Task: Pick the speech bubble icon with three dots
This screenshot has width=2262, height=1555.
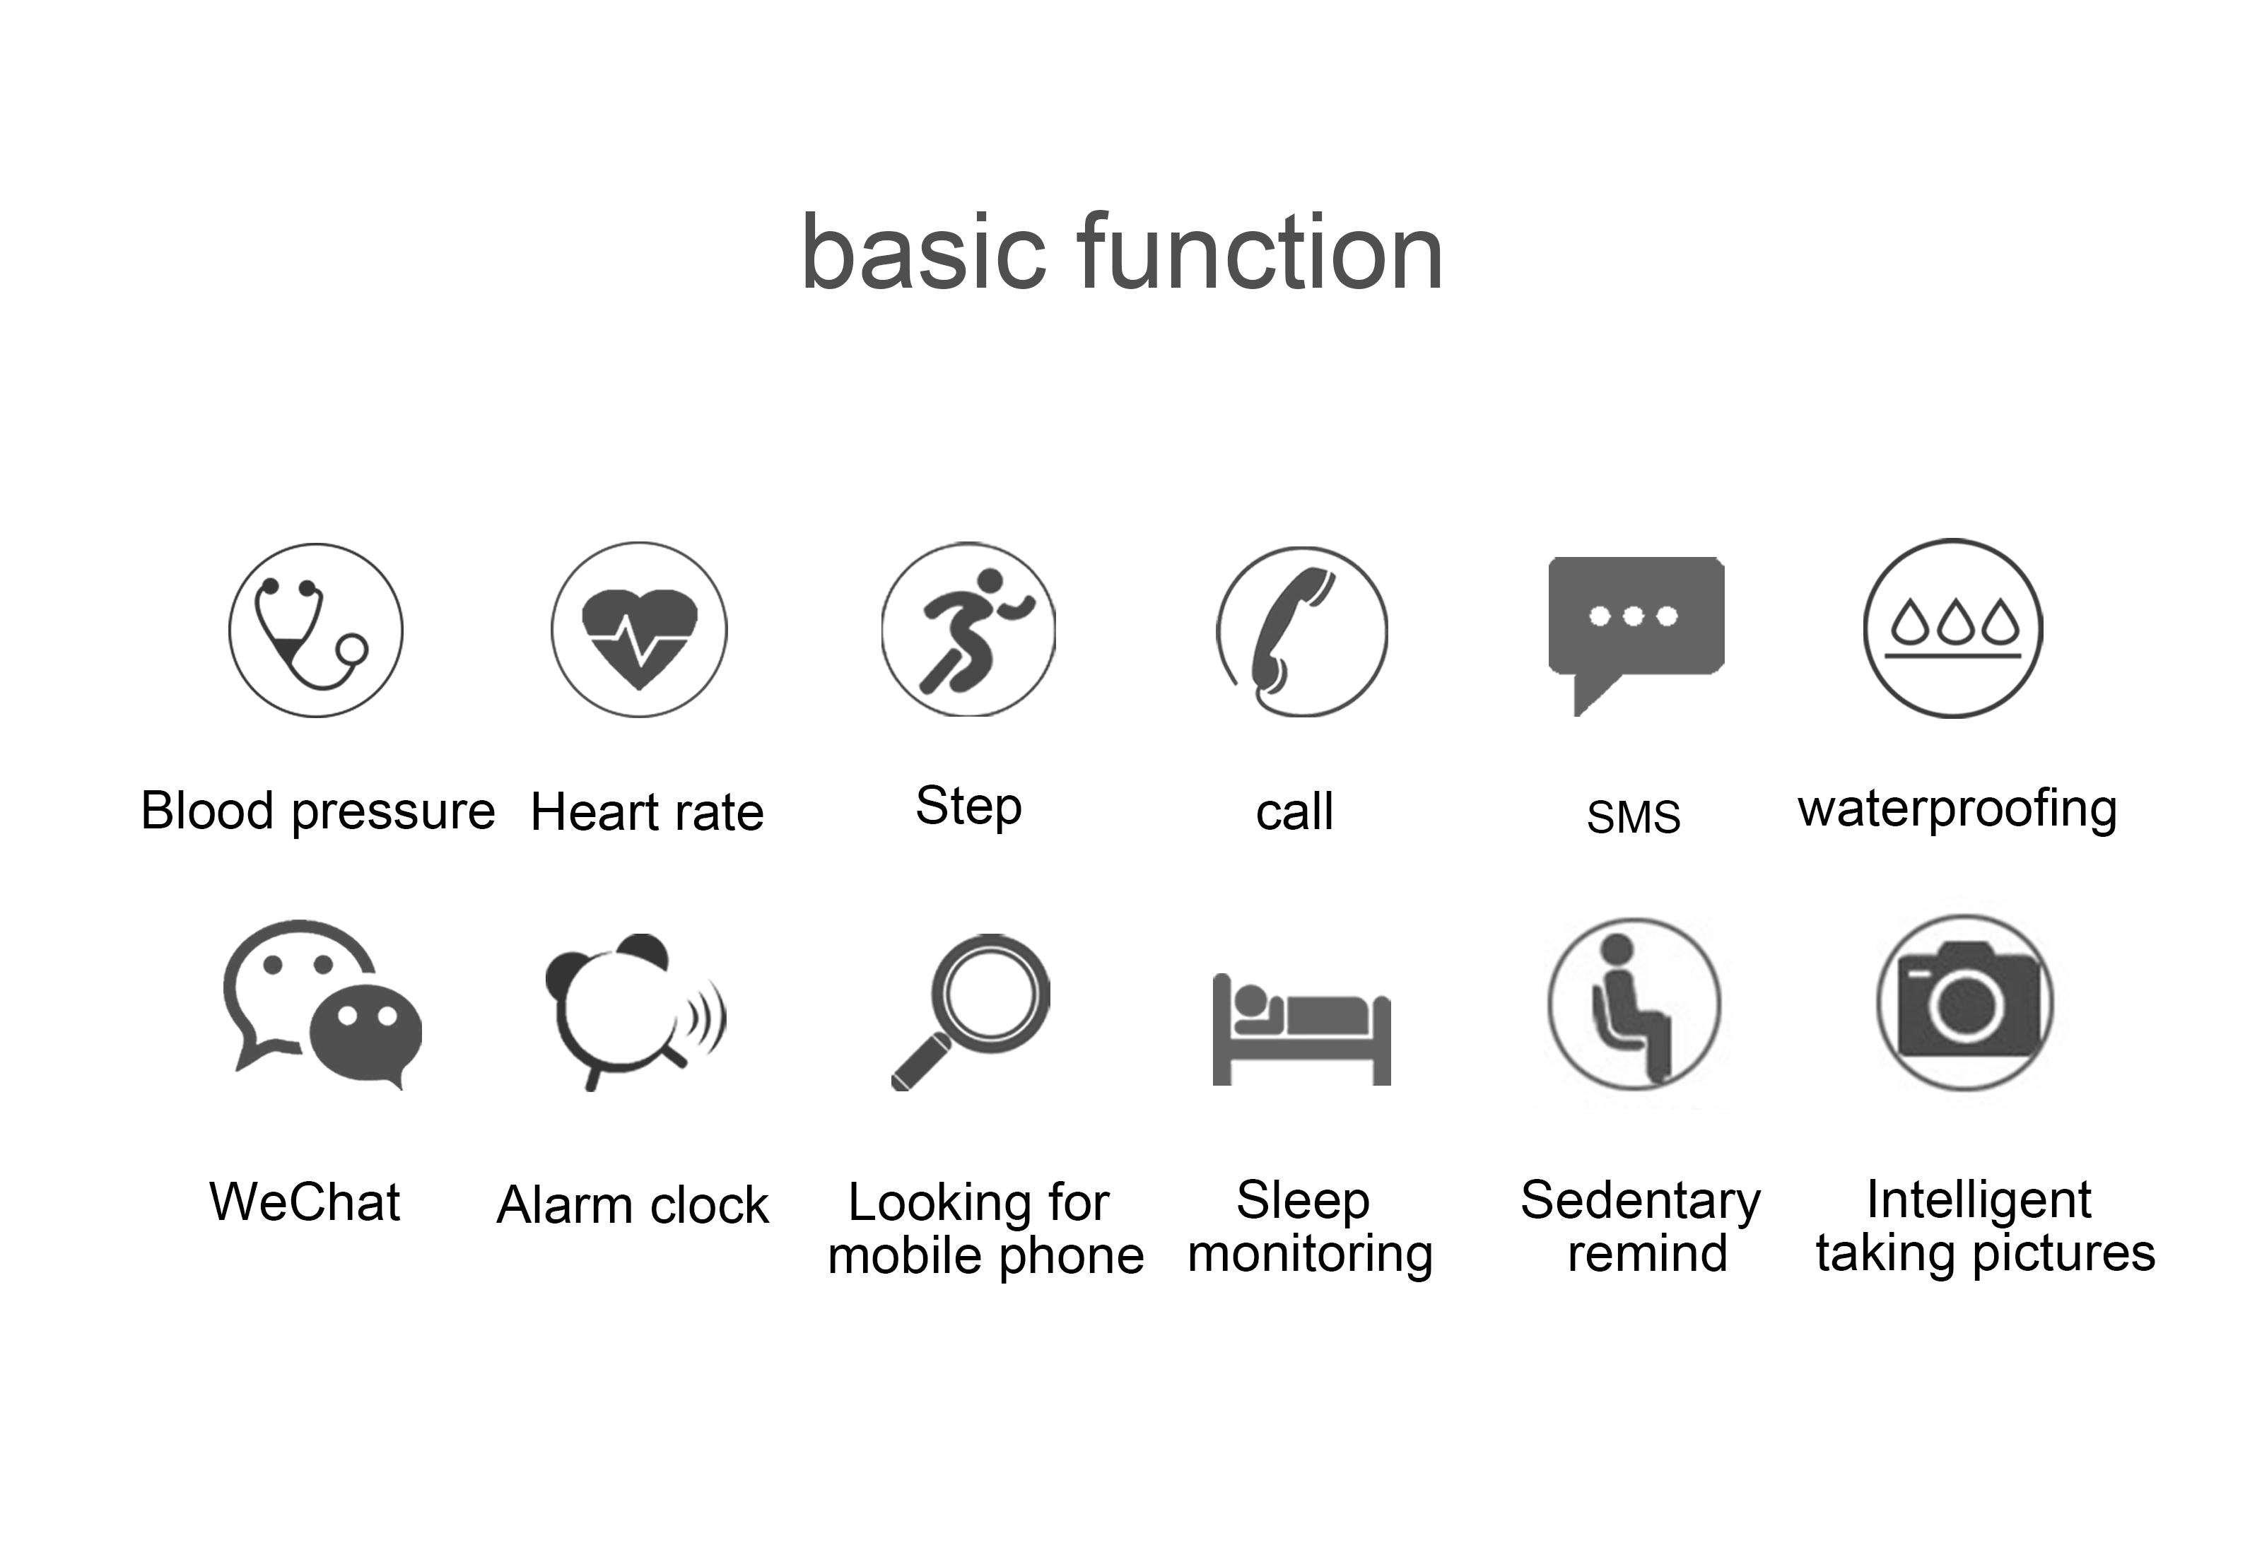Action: pos(1636,635)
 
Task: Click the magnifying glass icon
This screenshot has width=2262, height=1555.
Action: pos(971,1011)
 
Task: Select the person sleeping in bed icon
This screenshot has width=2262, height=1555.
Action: pos(1301,1030)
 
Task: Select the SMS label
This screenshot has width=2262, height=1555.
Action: pos(1634,816)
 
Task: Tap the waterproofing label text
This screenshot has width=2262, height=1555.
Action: pos(1958,809)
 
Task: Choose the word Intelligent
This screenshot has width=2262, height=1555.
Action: pos(1979,1200)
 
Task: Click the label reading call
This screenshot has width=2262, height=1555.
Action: pos(1295,811)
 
